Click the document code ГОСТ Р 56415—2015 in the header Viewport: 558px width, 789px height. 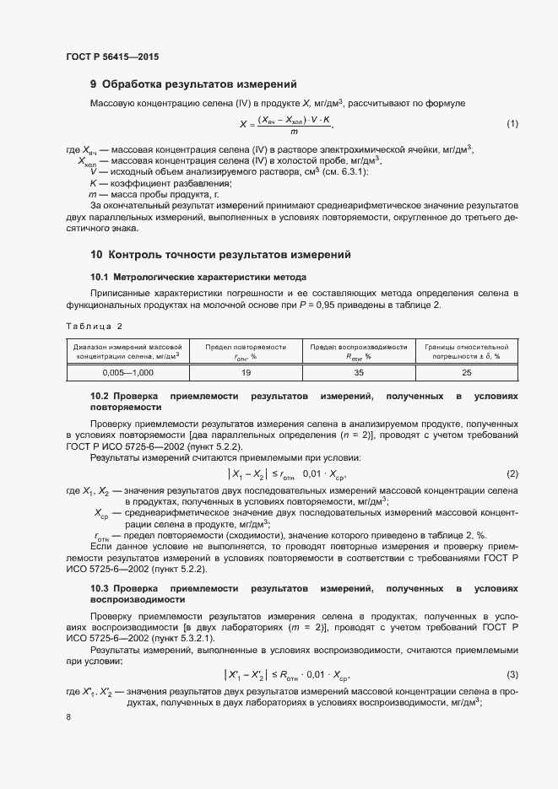pos(111,56)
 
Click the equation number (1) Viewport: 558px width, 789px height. pos(512,124)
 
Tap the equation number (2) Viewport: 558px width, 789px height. pos(512,473)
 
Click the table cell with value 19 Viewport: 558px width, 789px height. pos(246,371)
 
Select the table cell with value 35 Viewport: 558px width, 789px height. pos(358,371)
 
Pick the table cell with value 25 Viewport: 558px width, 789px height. pos(466,371)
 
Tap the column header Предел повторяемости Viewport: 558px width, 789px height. pos(246,351)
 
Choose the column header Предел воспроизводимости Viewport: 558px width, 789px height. pos(358,351)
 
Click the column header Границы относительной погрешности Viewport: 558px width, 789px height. pos(466,351)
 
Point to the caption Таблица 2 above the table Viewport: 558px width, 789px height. pos(94,326)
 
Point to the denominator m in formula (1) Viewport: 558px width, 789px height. pos(294,132)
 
